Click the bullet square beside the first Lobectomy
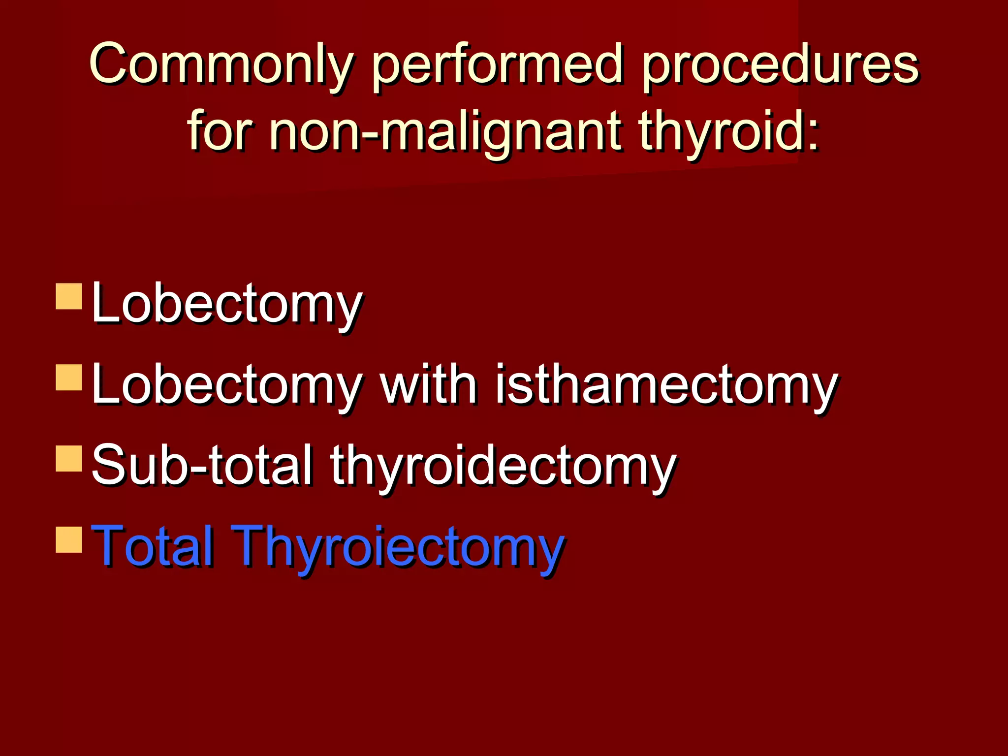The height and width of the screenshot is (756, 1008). (x=68, y=296)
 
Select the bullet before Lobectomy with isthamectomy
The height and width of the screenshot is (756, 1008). (x=68, y=377)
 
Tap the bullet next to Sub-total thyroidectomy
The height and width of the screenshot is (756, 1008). (x=68, y=459)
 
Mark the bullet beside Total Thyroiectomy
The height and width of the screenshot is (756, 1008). (x=68, y=540)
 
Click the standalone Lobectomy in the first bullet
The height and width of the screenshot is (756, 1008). (x=227, y=304)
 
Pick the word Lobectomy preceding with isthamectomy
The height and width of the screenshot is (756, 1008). (x=227, y=385)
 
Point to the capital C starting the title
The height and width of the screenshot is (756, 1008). (x=109, y=64)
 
